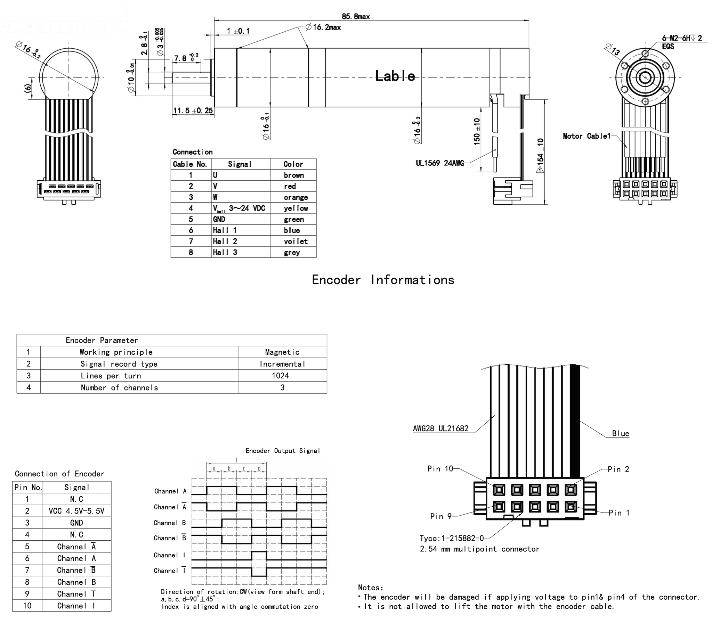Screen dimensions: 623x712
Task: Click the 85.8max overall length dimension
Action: click(x=355, y=16)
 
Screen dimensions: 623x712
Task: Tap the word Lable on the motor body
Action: click(x=395, y=76)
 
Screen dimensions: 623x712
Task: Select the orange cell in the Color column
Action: click(x=296, y=197)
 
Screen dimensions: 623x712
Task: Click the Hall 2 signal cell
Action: click(x=225, y=241)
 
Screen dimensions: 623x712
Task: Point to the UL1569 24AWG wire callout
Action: click(x=440, y=163)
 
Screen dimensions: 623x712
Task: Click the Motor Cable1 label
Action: click(x=586, y=136)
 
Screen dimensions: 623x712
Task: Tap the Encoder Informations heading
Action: click(x=383, y=280)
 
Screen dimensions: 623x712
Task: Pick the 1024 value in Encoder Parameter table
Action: click(x=280, y=376)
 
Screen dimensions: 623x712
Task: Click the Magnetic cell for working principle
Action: click(x=282, y=352)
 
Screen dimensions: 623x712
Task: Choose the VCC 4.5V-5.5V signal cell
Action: click(x=76, y=511)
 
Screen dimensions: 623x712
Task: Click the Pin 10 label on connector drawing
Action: click(x=440, y=469)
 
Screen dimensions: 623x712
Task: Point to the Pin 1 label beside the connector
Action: click(x=619, y=513)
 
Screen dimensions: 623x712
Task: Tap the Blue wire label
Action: click(x=621, y=434)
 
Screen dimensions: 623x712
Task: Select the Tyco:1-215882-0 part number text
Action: click(x=452, y=539)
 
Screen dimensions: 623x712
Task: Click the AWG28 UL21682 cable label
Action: click(x=441, y=429)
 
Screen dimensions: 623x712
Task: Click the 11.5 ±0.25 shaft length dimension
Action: click(x=193, y=111)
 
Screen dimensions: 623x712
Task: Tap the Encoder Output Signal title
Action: click(x=282, y=451)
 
